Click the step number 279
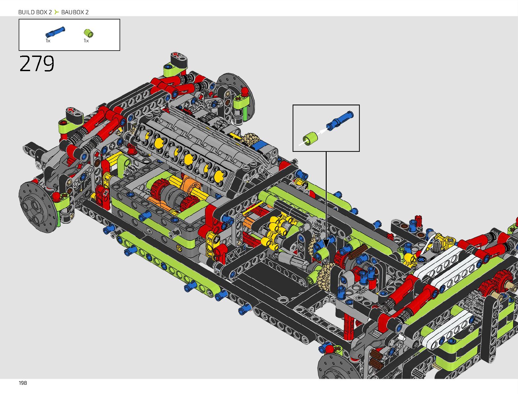point(37,64)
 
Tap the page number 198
point(23,383)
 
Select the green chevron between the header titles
point(56,12)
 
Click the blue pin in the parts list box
point(55,32)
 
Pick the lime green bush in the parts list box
point(88,33)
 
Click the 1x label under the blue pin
point(48,41)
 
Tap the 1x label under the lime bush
point(86,41)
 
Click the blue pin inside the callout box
point(340,121)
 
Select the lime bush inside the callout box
point(310,139)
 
